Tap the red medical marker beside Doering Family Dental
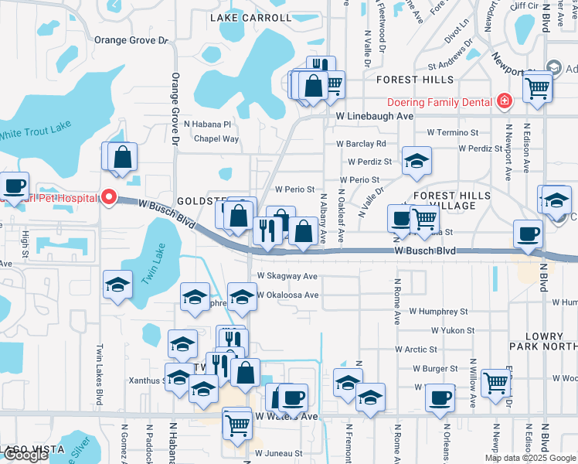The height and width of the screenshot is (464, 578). point(504,101)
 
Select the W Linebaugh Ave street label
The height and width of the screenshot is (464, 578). point(375,115)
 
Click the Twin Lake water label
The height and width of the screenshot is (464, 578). point(154,267)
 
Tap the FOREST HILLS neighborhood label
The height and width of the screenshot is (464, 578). point(415,80)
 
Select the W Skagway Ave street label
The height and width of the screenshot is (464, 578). point(287,276)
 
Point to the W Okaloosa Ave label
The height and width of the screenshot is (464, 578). point(287,295)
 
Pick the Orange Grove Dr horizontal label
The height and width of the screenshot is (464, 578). point(131,40)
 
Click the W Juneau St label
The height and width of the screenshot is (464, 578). point(278,453)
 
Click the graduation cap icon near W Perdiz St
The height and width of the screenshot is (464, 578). point(416,160)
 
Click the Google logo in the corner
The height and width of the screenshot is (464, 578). point(25,455)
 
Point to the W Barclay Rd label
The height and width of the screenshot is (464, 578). point(361,144)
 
